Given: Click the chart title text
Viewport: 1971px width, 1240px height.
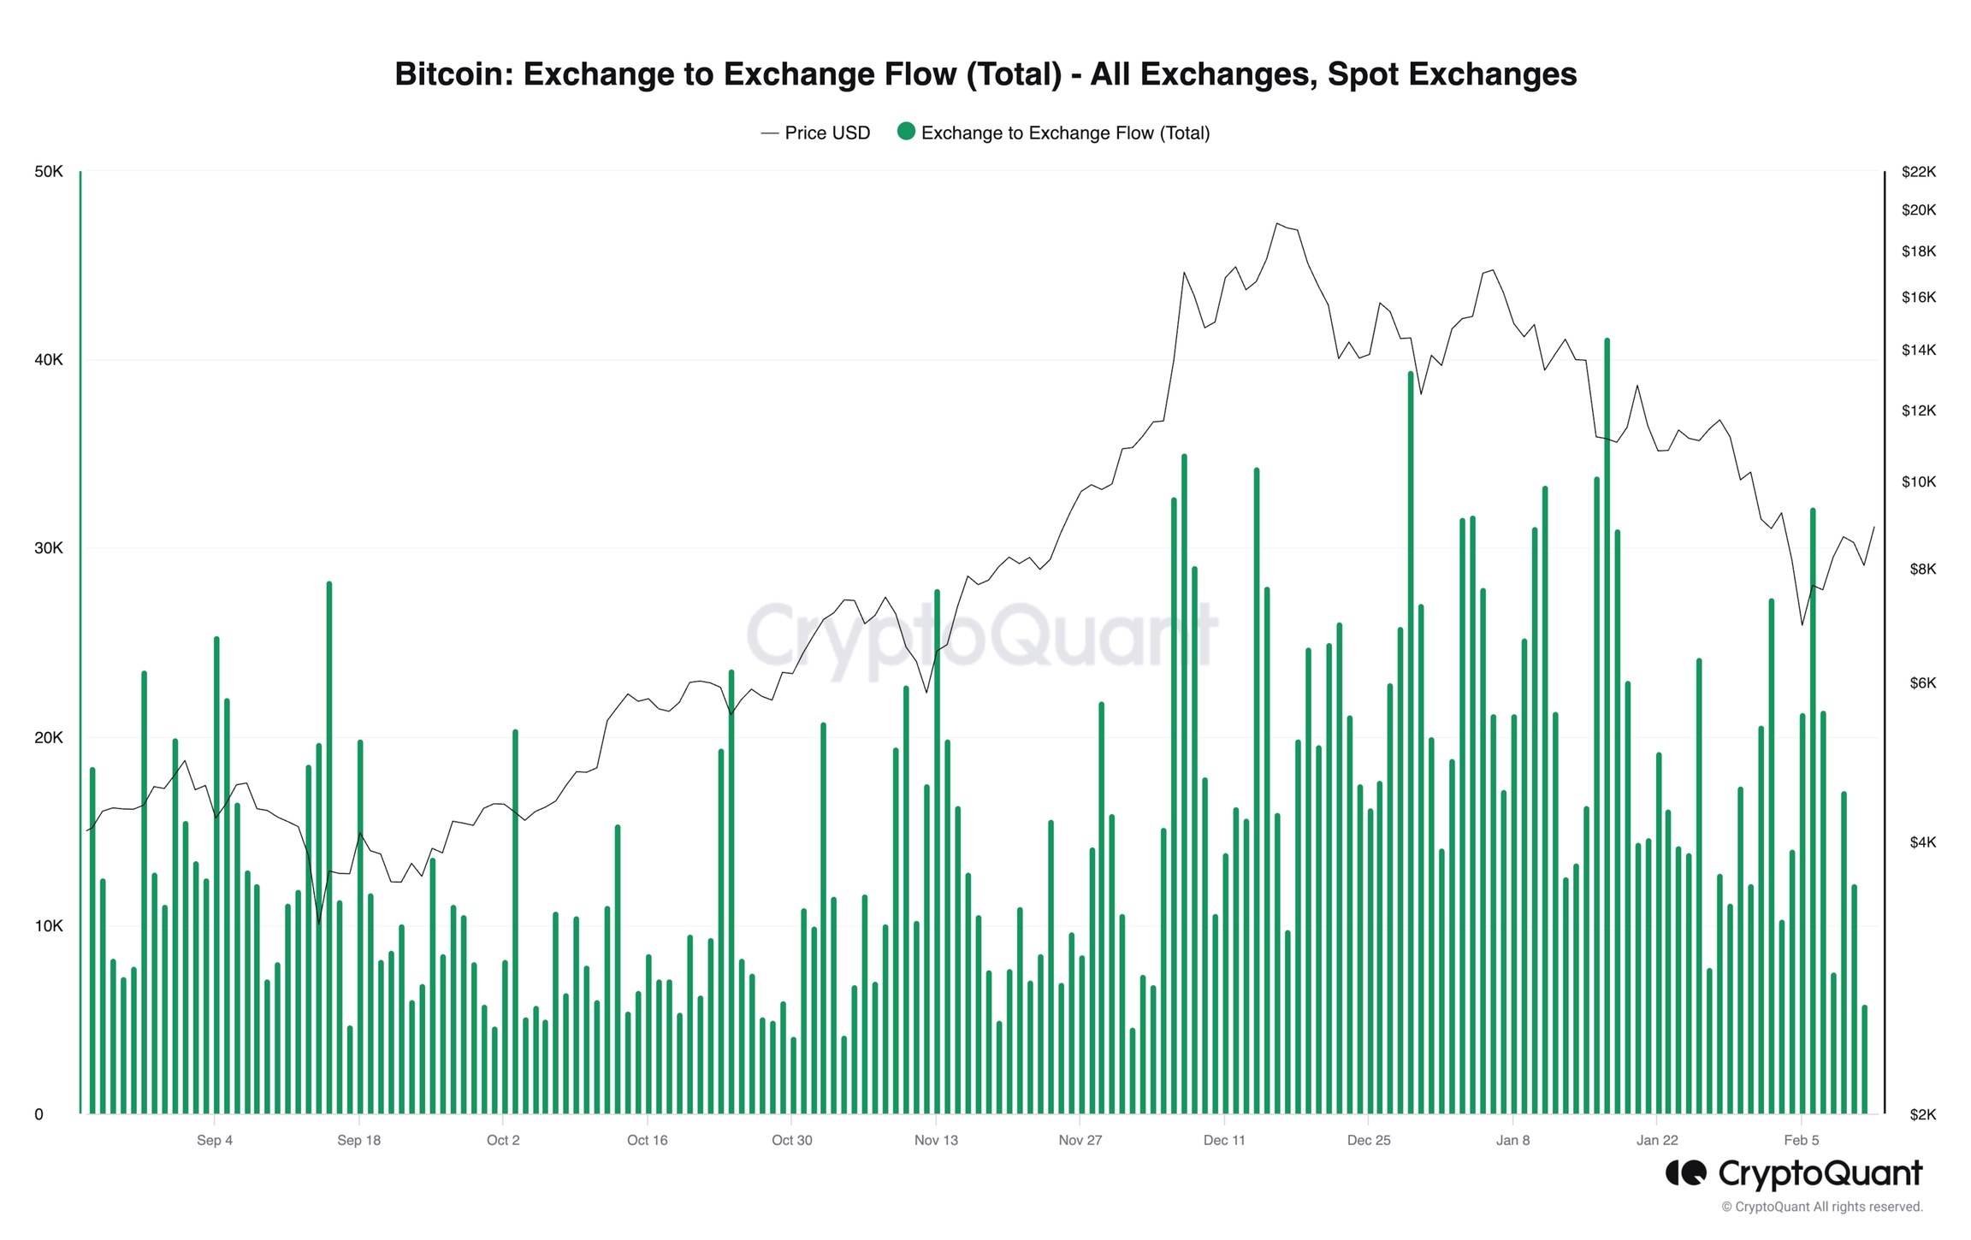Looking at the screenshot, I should point(985,74).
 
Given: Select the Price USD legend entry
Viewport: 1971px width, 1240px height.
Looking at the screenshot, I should point(815,133).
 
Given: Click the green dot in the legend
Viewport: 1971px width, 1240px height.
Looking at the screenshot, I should point(906,132).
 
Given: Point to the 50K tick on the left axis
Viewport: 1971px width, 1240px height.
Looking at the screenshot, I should point(49,172).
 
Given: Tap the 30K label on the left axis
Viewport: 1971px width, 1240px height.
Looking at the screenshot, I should point(49,548).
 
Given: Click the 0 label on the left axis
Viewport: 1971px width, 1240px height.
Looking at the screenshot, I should point(38,1114).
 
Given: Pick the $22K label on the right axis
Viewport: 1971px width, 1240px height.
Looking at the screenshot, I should point(1918,172).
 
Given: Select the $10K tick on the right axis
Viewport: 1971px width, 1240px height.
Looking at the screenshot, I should point(1918,482).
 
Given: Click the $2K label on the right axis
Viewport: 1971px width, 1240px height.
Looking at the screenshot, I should point(1922,1114).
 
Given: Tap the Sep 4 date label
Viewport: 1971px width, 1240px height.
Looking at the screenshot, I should point(215,1140).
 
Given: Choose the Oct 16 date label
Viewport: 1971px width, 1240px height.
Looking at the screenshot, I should point(647,1140).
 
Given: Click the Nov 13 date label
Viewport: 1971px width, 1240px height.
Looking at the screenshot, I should point(936,1140).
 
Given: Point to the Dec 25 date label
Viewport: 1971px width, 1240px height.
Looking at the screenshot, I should point(1369,1140).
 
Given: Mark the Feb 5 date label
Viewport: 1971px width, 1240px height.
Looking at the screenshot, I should point(1801,1140).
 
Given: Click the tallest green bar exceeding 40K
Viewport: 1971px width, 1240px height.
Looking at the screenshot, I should point(1607,727).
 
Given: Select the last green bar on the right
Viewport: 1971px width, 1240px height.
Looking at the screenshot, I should point(1865,1060).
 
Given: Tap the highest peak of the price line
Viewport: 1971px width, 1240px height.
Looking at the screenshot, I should point(1276,224).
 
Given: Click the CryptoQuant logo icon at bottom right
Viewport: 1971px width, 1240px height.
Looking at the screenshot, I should point(1685,1173).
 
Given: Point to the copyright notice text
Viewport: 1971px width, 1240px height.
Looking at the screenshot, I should point(1822,1207).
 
